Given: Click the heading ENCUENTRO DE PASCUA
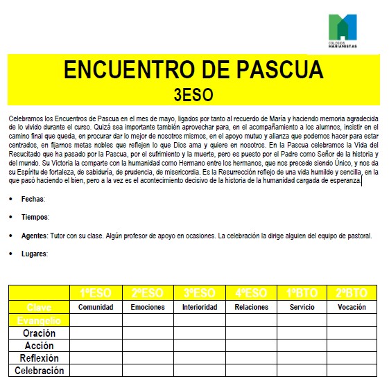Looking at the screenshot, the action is click(x=193, y=70).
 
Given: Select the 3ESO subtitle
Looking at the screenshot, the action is click(x=193, y=94).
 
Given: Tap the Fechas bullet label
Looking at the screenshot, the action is click(x=33, y=199).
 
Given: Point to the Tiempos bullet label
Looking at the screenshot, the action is click(x=35, y=217).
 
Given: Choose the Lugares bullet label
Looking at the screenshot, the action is click(x=35, y=254).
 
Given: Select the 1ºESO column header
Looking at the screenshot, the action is click(x=96, y=293).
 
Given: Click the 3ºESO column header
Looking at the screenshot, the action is click(x=199, y=293).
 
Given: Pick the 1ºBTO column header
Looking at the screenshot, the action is click(x=302, y=293).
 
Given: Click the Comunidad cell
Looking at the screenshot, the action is click(x=96, y=307).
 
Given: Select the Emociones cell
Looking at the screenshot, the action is click(x=148, y=307).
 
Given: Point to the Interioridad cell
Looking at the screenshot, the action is click(x=199, y=307).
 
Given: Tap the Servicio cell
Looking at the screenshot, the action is click(x=302, y=307).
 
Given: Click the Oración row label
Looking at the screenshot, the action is click(x=39, y=333).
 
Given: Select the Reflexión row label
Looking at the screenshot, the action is click(x=39, y=358).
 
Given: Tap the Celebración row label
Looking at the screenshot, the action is click(x=39, y=371).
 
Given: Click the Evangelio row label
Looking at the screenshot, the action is click(x=39, y=320).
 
